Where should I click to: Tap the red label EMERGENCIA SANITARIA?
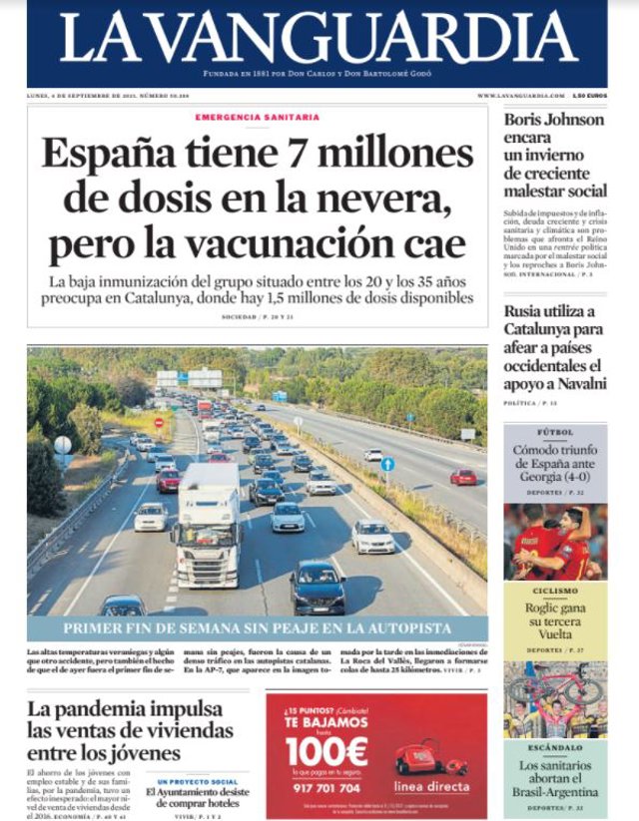pos(258,118)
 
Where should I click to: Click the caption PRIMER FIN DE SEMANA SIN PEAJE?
pos(257,629)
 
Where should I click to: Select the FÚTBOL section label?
pos(554,434)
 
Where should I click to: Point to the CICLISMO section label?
pos(554,592)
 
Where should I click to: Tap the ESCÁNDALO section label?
pos(554,747)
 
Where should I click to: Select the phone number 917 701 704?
pos(325,787)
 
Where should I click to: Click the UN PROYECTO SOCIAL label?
pos(197,782)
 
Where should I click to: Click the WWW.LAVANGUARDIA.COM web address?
pos(518,95)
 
